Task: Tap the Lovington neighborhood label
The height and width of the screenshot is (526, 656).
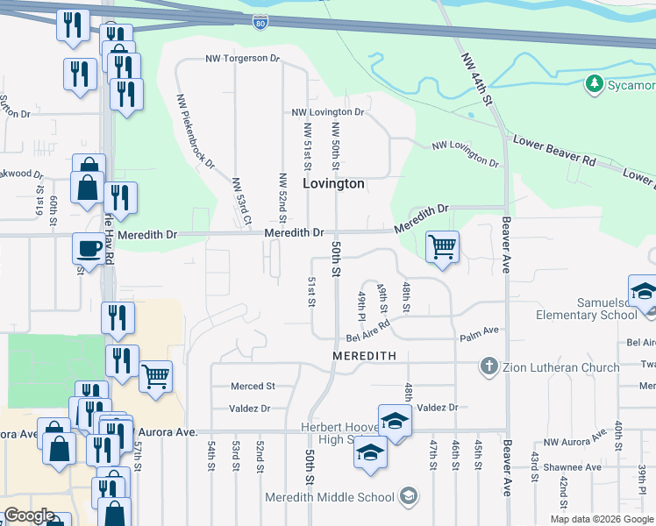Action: [x=333, y=184]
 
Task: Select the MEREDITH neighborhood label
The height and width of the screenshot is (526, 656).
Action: [x=365, y=356]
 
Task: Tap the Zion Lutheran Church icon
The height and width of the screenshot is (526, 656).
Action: [x=488, y=366]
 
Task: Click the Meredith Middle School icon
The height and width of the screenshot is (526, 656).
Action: [x=407, y=497]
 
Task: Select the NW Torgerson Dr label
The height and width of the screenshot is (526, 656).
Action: [x=242, y=59]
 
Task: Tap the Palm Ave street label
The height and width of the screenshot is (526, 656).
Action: [x=479, y=331]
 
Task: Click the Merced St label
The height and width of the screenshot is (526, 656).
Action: [x=253, y=386]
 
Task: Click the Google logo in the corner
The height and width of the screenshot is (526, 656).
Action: [x=29, y=515]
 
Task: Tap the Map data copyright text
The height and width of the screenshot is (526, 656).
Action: [x=602, y=519]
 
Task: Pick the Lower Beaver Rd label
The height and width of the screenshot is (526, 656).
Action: [x=553, y=151]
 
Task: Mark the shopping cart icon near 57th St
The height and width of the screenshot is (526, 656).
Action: [x=156, y=377]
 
